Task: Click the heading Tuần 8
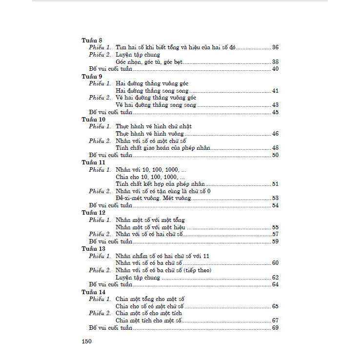click(92, 41)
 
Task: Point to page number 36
click(275, 48)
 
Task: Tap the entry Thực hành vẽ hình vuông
click(150, 134)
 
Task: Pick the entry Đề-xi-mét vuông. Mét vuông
click(153, 198)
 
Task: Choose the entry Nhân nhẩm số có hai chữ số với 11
click(162, 256)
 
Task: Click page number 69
click(275, 328)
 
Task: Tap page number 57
click(275, 234)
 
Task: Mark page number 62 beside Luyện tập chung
click(275, 278)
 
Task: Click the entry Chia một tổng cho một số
click(150, 299)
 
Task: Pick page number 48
click(275, 148)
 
